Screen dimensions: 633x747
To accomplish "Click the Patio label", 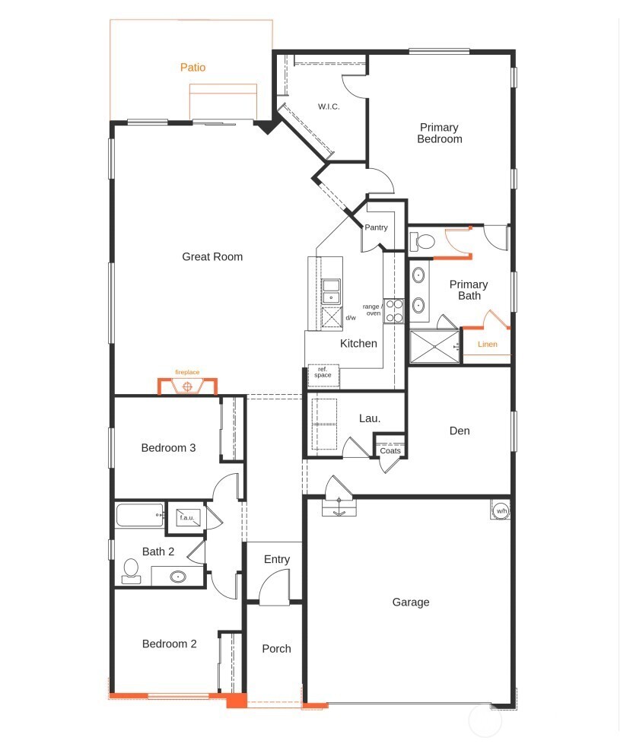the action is (x=192, y=67).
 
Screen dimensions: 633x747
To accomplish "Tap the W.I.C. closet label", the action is (x=329, y=106).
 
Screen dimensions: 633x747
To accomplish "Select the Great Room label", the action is (x=212, y=256).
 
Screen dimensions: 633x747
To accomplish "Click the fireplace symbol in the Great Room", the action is (x=187, y=386).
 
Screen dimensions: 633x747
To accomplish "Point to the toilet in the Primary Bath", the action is (x=422, y=242).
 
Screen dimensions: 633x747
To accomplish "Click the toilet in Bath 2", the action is (x=131, y=571).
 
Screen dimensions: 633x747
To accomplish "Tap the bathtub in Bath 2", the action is (x=140, y=515).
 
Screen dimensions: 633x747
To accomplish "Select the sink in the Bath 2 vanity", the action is (x=178, y=577).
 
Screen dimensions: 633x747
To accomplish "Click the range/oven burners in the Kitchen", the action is (x=393, y=310).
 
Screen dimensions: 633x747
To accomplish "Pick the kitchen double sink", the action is (x=331, y=292).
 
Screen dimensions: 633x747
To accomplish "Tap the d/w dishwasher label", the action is (x=351, y=318).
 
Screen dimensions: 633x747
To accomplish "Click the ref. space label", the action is (x=323, y=372).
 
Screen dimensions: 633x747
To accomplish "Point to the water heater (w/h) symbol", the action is (x=501, y=510).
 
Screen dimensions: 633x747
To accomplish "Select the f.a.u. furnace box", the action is (x=187, y=517).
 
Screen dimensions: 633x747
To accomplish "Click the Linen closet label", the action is (x=487, y=344).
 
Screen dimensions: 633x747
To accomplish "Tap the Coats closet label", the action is (x=390, y=450).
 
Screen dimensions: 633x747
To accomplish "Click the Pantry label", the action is (x=376, y=227).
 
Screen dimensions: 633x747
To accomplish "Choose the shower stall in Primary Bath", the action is (x=434, y=347).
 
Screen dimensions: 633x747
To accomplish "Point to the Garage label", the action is (x=410, y=602).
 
